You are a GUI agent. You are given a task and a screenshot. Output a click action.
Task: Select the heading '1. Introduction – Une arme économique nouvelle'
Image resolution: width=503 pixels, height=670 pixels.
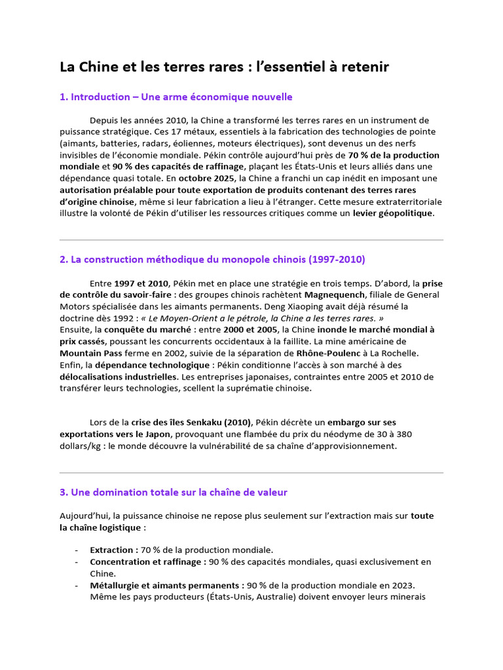[x=176, y=97]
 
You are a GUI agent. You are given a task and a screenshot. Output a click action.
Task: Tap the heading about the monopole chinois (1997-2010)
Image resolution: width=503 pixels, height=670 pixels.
[x=212, y=259]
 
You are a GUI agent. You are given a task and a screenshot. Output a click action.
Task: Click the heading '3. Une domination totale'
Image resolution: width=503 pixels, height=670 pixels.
[x=173, y=492]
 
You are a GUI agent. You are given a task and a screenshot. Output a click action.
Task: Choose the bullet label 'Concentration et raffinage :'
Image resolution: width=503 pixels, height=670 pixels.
[x=148, y=561]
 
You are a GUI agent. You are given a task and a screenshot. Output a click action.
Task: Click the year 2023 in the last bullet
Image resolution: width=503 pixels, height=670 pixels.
[x=401, y=585]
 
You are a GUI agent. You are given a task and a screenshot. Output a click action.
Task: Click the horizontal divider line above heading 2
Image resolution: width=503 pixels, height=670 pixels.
[x=251, y=239]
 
